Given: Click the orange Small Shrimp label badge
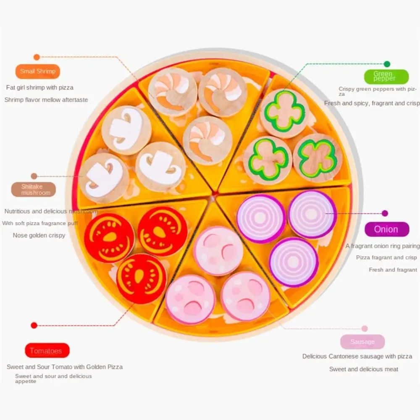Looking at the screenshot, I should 38,71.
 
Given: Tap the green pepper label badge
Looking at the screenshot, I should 386,76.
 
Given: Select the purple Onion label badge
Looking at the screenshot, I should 386,229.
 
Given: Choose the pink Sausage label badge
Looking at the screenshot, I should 362,342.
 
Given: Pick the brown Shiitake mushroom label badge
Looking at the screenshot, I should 33,190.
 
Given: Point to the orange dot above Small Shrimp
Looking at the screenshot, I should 37,57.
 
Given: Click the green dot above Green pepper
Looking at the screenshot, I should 387,64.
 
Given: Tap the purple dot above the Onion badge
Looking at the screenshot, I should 385,213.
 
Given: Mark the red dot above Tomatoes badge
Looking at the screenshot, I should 34,325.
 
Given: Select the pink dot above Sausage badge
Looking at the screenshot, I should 365,328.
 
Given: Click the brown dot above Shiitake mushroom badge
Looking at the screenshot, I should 34,176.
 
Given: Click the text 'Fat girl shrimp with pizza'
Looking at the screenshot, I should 40,88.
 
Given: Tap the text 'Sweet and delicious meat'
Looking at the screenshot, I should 364,369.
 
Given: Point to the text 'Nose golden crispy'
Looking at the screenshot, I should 39,235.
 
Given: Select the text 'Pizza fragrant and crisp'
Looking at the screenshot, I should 386,257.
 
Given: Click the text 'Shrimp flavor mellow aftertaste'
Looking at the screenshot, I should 46,100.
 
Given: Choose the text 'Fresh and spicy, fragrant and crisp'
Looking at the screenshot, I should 372,103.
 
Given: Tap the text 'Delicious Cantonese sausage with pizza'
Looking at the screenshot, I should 357,356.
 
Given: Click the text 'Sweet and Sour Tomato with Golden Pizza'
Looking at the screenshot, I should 65,367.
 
